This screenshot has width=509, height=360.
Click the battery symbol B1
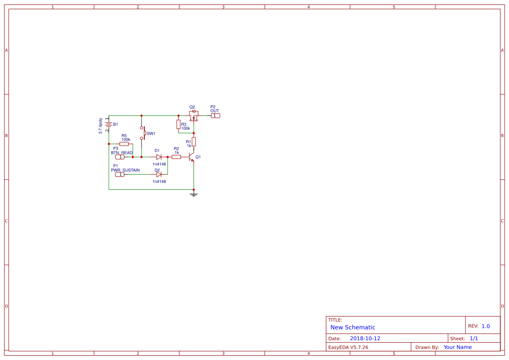(x=109, y=124)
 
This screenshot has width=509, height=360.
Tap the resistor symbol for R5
(x=124, y=144)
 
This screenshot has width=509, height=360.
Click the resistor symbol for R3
(x=178, y=124)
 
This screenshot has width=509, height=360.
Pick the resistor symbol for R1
(x=194, y=141)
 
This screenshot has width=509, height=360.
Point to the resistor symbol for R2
(x=176, y=157)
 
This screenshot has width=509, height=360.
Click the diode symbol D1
(x=159, y=157)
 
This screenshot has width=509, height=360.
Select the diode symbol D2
(x=159, y=174)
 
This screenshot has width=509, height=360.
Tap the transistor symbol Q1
(x=192, y=158)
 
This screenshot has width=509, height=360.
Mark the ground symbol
(x=194, y=194)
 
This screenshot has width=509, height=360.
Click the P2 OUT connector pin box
(x=216, y=115)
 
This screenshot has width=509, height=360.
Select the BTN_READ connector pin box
(x=120, y=157)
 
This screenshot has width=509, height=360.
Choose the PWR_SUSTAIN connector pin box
(x=120, y=174)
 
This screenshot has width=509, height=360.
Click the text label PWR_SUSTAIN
(x=125, y=170)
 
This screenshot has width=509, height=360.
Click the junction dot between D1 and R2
(x=168, y=157)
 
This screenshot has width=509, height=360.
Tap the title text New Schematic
(x=353, y=327)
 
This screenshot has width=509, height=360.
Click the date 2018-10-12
(x=365, y=338)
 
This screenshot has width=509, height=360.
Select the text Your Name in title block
(x=457, y=347)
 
